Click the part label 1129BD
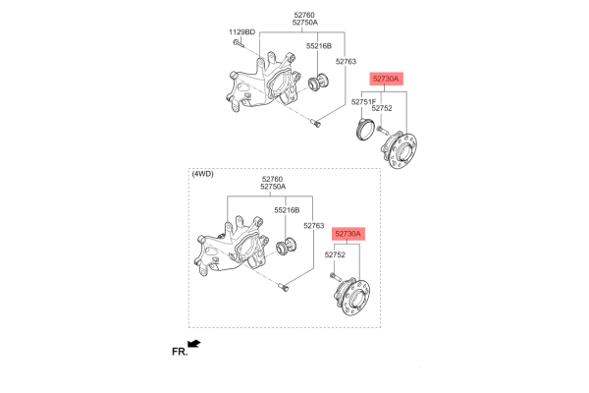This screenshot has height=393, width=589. [x=241, y=32]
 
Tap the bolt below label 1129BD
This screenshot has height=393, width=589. [x=238, y=43]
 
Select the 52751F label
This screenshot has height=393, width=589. [x=363, y=102]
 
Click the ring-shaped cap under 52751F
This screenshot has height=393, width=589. [x=365, y=129]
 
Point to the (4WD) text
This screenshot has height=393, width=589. [x=202, y=174]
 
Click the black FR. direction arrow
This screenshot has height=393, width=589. [x=194, y=344]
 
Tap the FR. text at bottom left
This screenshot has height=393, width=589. [x=180, y=352]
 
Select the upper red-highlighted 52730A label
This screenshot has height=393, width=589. [x=386, y=79]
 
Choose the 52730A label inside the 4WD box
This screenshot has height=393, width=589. [x=348, y=234]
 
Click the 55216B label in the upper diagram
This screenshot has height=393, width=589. [x=319, y=46]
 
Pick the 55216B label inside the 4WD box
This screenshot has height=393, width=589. [x=287, y=210]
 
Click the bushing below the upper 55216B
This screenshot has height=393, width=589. [x=318, y=83]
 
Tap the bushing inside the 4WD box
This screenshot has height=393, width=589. [x=287, y=247]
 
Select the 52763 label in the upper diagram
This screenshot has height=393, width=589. [x=346, y=61]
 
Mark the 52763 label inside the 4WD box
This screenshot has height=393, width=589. [x=314, y=226]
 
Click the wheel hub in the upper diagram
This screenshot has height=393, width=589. [x=399, y=150]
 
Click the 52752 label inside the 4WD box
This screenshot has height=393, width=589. [x=335, y=254]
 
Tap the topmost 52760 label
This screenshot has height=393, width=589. [x=304, y=15]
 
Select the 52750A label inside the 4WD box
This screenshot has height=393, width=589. [x=273, y=187]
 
